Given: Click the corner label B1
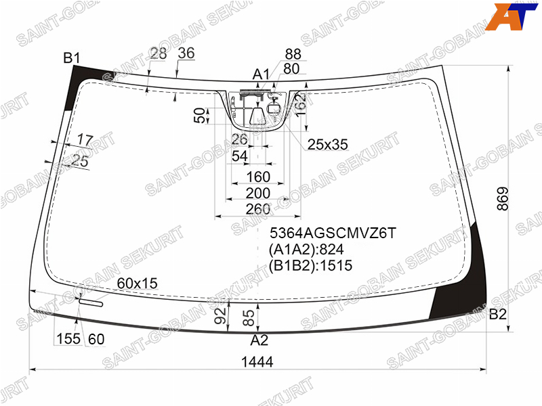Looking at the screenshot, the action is [72, 58].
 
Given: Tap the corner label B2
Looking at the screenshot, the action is [498, 314].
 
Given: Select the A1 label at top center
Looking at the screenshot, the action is [261, 74].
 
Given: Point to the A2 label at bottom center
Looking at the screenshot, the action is [259, 340].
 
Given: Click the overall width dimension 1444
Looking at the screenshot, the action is [257, 362].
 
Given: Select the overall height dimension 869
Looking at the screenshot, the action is [503, 199].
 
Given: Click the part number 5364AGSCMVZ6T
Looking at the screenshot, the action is [333, 233].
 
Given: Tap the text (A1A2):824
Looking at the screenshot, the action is [306, 249].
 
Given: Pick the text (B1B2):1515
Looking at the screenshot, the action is [310, 265].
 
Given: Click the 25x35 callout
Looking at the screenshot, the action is [328, 145].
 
